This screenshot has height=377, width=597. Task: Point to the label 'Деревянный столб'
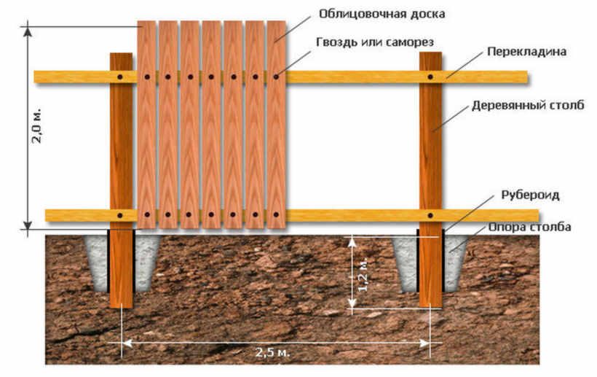click(528, 106)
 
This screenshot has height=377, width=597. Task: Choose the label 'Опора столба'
click(529, 228)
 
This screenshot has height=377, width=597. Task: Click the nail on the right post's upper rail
click(430, 77)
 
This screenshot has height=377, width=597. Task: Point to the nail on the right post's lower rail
click(430, 215)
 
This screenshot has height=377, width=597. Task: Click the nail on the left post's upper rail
click(121, 77)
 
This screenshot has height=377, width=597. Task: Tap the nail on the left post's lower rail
click(121, 215)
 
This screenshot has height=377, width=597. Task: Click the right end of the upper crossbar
click(518, 77)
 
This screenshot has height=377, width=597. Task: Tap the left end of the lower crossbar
click(54, 215)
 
